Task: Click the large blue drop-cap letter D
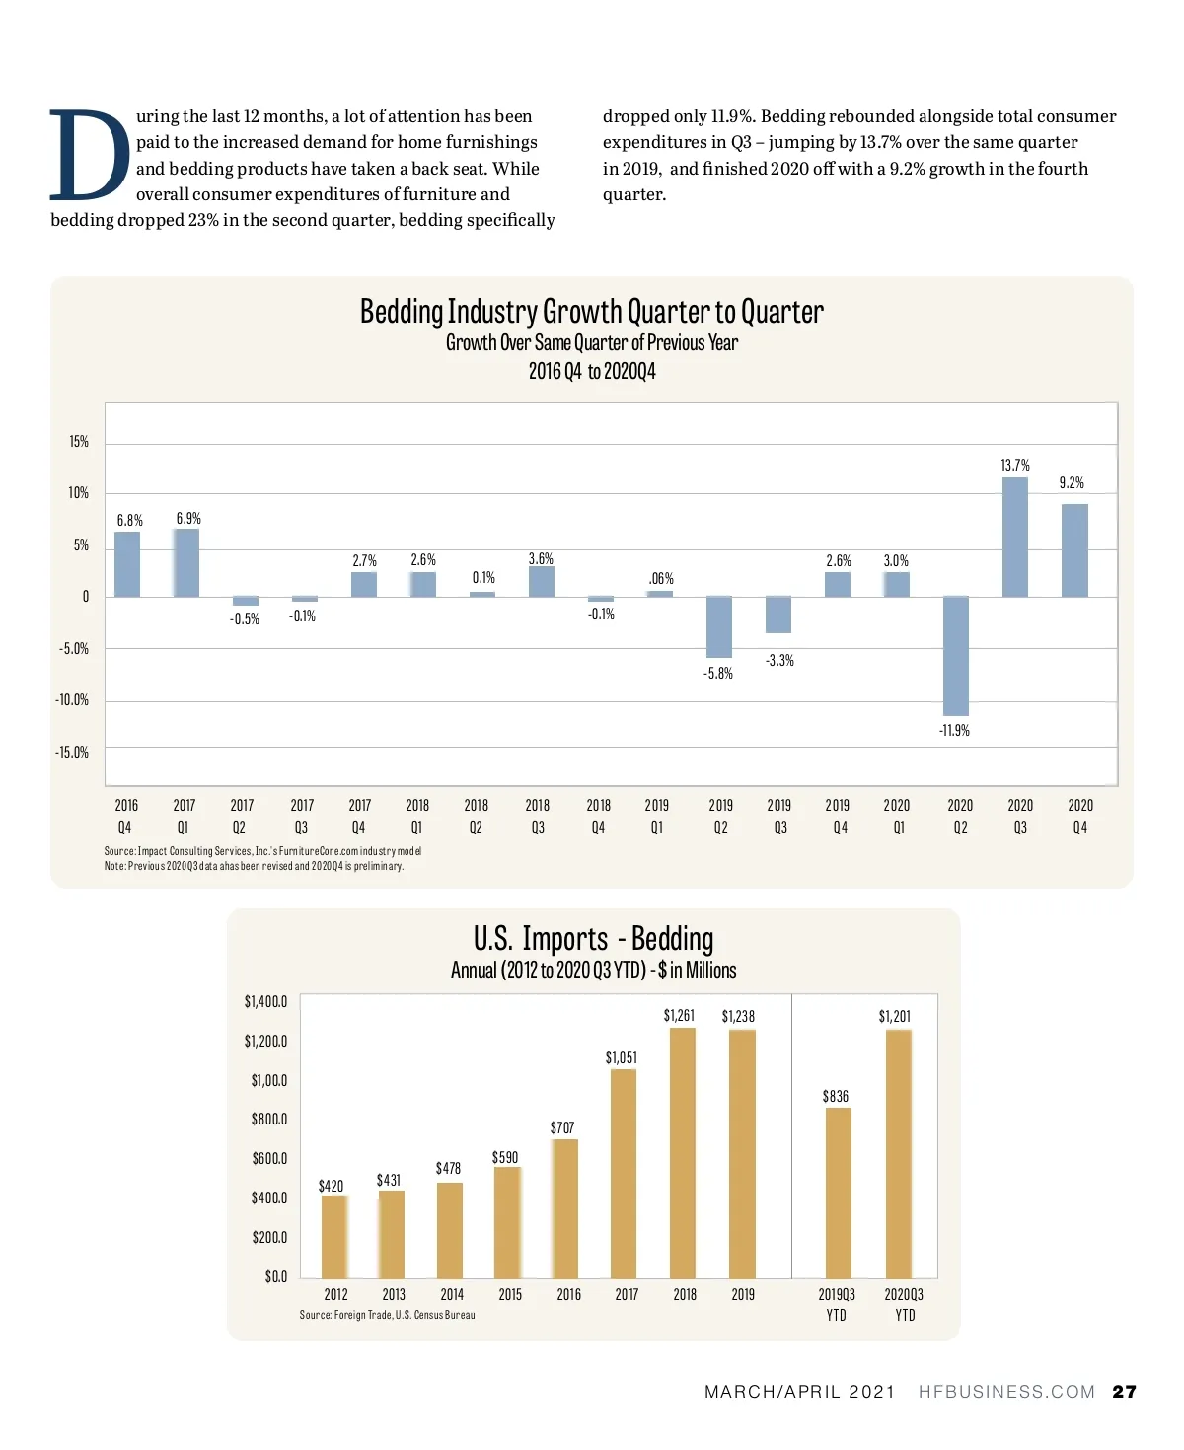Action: (89, 155)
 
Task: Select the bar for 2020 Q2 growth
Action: (955, 656)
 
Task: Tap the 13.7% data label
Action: (1014, 465)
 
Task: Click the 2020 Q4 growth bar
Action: (1074, 550)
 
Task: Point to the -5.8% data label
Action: (717, 674)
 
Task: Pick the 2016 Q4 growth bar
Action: (127, 564)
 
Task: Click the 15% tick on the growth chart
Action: (79, 442)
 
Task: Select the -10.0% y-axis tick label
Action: (72, 700)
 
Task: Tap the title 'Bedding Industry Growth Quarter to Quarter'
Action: (591, 312)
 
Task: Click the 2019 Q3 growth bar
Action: (778, 615)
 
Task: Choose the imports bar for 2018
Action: (683, 1153)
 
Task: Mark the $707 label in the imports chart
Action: (562, 1127)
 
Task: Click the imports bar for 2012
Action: (334, 1237)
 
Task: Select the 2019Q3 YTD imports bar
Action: (838, 1193)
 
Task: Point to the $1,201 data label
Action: (895, 1016)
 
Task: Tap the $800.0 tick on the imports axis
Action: (268, 1120)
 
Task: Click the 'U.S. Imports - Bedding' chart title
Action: (593, 938)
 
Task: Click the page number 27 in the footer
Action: (1124, 1392)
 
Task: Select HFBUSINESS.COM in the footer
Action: (1006, 1392)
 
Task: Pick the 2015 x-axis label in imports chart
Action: (510, 1294)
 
